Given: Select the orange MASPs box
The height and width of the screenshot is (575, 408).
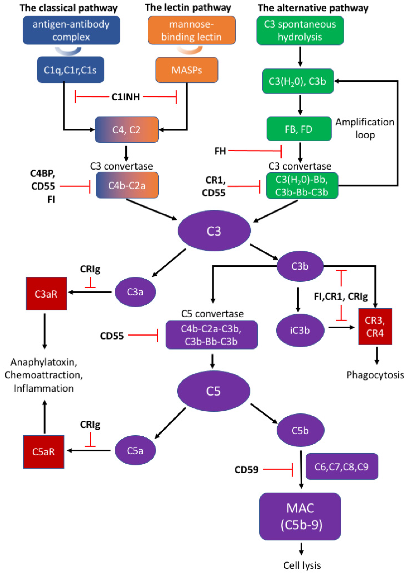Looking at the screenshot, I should point(187,70).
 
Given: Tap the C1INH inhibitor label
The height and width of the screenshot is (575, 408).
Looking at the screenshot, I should point(126,97).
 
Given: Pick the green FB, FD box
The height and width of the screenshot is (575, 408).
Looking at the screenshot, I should point(299,129).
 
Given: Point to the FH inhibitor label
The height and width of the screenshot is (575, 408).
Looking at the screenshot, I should point(220,151).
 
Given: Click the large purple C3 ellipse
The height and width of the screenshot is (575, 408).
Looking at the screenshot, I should point(214,231).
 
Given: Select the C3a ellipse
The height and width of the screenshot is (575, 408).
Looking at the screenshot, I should point(135,292).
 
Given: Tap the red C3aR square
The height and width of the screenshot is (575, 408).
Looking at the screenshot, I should point(46,294).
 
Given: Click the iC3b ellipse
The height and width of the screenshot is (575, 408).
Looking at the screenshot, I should point(300,330).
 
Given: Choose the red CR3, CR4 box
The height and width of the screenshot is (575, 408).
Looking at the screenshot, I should point(375,326).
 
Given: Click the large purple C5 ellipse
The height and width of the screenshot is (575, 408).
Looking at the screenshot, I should point(214,391).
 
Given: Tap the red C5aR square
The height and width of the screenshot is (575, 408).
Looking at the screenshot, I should point(43,452).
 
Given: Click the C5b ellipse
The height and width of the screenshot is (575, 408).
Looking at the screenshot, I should point(300,430).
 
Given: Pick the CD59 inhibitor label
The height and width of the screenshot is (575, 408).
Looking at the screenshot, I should point(246,469).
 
